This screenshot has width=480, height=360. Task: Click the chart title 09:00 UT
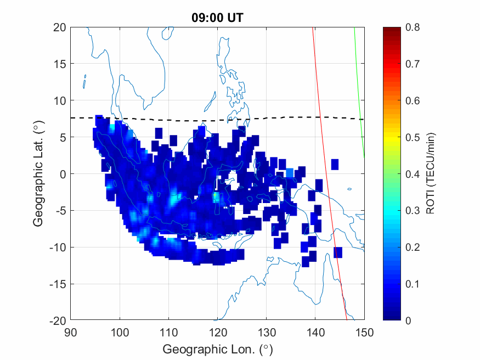(x=217, y=18)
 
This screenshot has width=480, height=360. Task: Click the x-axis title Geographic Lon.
(x=217, y=349)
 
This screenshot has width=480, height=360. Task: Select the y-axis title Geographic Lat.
(x=38, y=174)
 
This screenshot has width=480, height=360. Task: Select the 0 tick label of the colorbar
(x=408, y=320)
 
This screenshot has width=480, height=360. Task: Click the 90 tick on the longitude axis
(x=70, y=331)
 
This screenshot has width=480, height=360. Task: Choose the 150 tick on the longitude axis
(x=364, y=331)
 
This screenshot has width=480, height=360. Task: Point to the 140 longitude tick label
(x=315, y=331)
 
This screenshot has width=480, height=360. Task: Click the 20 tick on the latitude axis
(x=60, y=27)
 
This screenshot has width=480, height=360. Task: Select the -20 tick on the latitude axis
(x=57, y=320)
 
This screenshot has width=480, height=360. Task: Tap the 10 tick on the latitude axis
(x=60, y=101)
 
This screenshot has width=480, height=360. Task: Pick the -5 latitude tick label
(x=59, y=211)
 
